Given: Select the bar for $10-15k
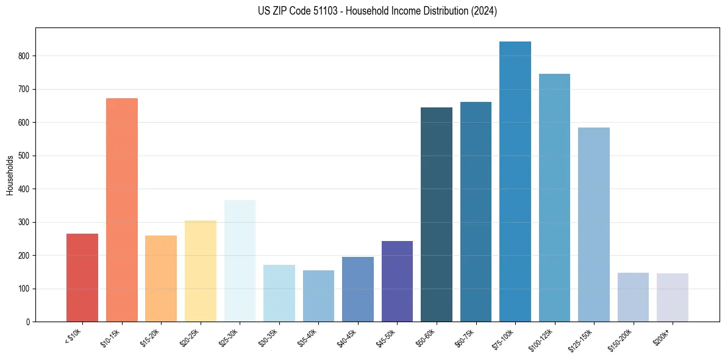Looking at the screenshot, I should tap(122, 210).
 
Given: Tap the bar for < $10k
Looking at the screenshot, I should tap(82, 278).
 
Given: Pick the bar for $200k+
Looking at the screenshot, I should tap(673, 297).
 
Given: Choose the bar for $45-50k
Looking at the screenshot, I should tap(397, 281).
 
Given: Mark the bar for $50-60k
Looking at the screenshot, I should tap(437, 214).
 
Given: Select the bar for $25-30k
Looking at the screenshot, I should tap(240, 261).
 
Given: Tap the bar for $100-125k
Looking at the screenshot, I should tap(554, 198).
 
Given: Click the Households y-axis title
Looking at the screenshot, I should tap(10, 175).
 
